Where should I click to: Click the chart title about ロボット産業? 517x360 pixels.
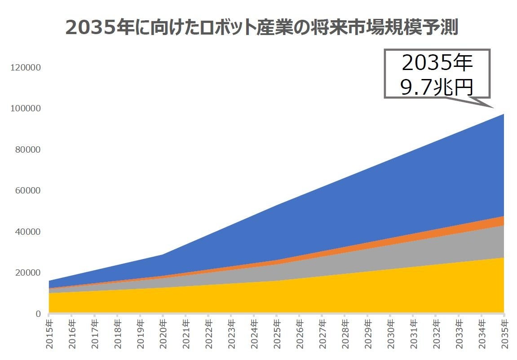[x=261, y=27]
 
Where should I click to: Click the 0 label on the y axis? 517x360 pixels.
[x=39, y=314]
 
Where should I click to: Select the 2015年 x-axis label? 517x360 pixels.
[x=49, y=334]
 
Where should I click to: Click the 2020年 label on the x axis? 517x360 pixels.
[x=163, y=334]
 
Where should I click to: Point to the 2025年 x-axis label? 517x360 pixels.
[x=277, y=334]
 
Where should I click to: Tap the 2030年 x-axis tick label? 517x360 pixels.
[x=390, y=334]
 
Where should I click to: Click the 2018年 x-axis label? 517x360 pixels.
[x=117, y=334]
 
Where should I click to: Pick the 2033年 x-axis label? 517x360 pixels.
[x=459, y=334]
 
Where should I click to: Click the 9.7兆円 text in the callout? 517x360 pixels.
[x=437, y=87]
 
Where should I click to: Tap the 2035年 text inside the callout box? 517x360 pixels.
[x=437, y=63]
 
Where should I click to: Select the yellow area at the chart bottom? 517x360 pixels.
[x=270, y=299]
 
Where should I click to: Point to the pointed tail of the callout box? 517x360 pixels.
[x=493, y=108]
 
